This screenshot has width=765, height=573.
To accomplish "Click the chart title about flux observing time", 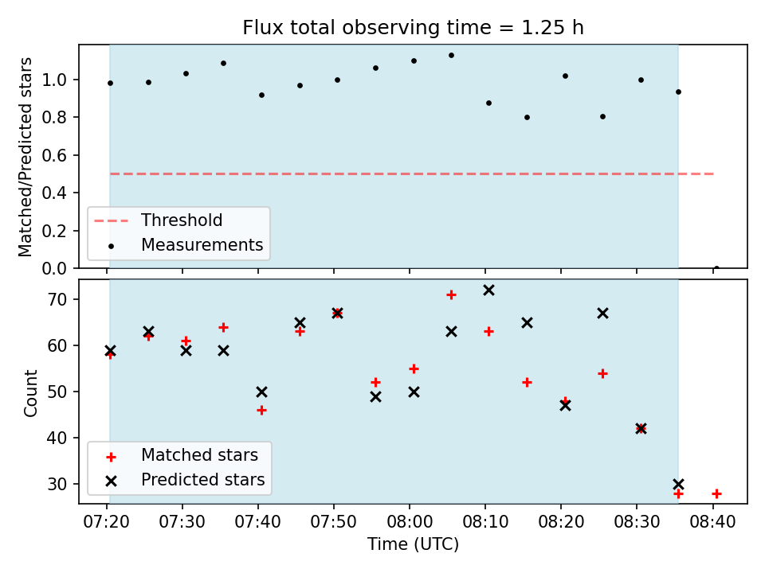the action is click(413, 28).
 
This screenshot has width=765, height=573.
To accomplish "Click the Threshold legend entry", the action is click(182, 220).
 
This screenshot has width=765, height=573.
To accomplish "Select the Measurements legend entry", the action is click(202, 244).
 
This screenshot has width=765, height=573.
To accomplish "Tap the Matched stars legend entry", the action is click(199, 455).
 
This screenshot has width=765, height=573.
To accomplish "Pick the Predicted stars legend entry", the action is click(202, 479).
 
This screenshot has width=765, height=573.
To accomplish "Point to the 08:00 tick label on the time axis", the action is click(410, 522).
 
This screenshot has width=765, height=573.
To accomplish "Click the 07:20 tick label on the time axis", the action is click(107, 522).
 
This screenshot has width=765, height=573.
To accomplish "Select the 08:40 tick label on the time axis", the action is click(712, 522).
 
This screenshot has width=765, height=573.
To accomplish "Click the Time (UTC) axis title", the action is click(413, 544).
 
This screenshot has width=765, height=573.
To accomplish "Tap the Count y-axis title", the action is click(31, 392).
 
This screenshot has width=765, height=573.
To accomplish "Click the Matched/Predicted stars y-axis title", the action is click(25, 157).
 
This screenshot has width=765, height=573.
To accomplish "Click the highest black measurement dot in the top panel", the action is click(451, 56).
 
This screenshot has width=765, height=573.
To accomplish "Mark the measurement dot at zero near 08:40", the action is click(716, 268).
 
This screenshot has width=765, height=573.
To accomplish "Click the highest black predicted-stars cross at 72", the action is click(488, 290).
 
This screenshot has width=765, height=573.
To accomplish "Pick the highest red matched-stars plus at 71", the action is click(451, 294).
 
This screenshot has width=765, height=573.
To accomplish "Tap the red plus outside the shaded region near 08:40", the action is click(716, 494).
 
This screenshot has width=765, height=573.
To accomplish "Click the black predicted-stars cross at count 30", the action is click(678, 485).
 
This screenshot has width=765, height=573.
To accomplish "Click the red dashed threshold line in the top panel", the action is click(412, 174).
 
